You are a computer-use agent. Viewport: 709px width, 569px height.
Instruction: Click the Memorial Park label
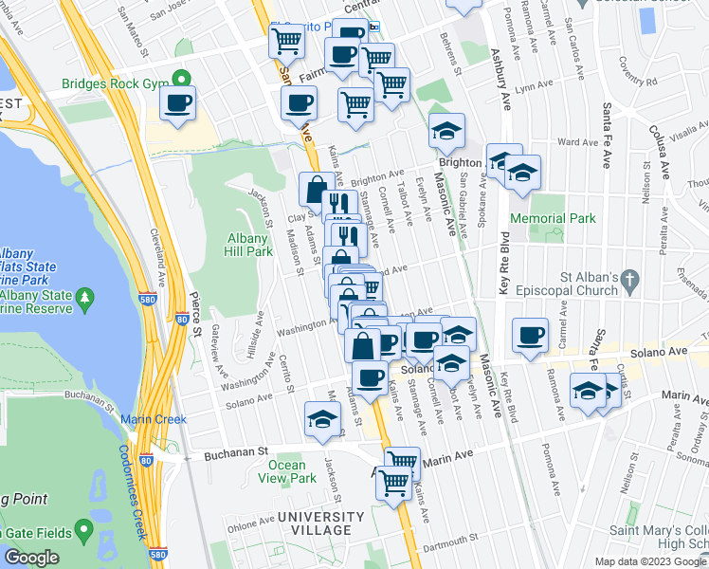tap(553, 218)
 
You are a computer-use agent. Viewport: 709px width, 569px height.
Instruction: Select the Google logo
tap(31, 558)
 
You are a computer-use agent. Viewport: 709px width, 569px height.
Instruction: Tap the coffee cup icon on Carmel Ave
tap(530, 334)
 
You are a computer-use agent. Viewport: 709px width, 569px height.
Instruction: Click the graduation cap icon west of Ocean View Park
tap(322, 418)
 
